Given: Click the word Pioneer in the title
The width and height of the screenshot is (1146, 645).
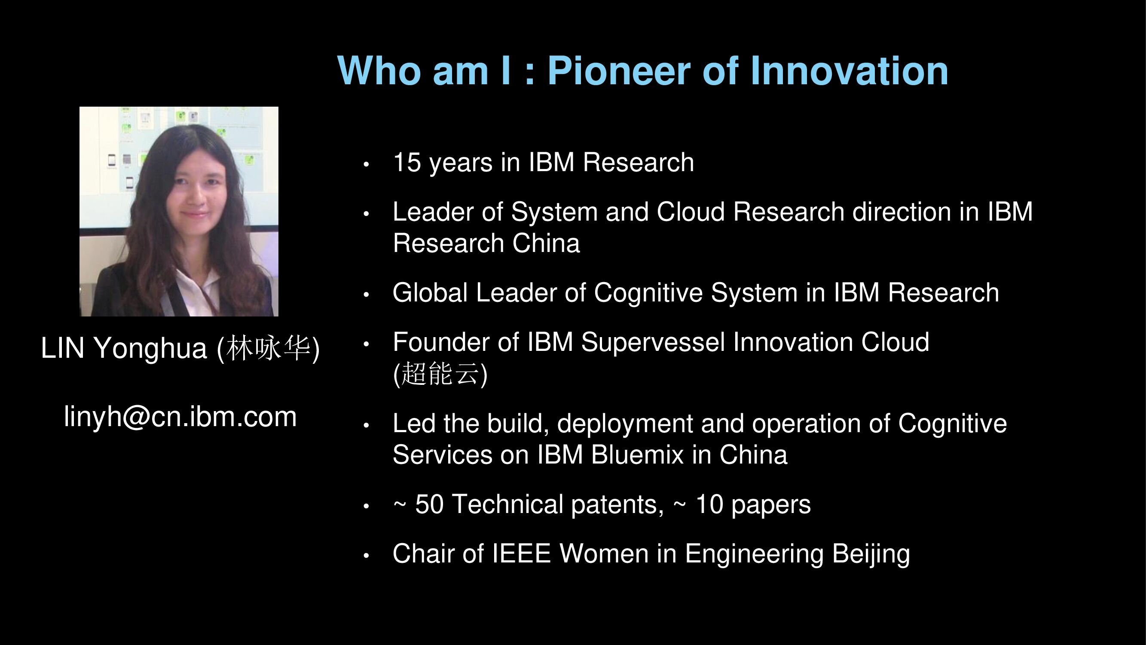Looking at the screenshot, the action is pyautogui.click(x=618, y=71).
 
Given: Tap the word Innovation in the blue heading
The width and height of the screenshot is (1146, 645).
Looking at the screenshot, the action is pyautogui.click(x=849, y=71).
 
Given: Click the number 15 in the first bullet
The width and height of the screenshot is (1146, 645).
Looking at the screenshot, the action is pyautogui.click(x=406, y=162).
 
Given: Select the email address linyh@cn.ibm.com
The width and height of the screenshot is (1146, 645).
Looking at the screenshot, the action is pyautogui.click(x=180, y=417).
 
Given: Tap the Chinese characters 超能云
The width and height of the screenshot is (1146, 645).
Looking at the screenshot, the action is pyautogui.click(x=440, y=374).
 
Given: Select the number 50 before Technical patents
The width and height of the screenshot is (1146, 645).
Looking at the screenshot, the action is pyautogui.click(x=429, y=504).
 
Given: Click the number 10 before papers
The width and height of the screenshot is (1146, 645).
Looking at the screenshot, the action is pyautogui.click(x=709, y=504).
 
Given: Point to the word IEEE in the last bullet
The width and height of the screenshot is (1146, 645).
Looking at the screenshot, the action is pyautogui.click(x=521, y=554).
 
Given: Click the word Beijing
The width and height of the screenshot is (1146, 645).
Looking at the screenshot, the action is pyautogui.click(x=871, y=555).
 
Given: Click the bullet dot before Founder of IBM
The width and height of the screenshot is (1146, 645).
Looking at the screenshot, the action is pyautogui.click(x=366, y=344).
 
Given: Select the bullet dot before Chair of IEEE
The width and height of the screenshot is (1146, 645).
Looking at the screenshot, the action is pyautogui.click(x=366, y=556).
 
